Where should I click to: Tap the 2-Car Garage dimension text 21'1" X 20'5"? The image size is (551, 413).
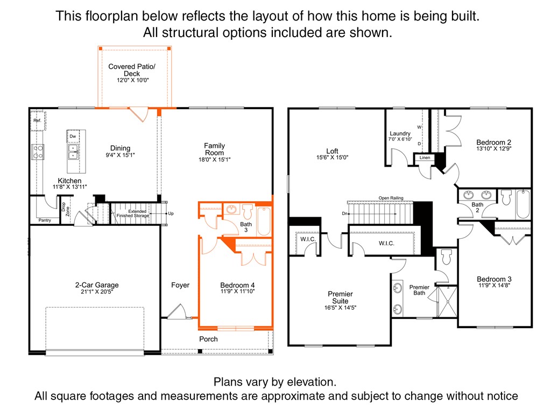[x=97, y=292]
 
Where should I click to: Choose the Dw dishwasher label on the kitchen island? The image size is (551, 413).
[x=73, y=137]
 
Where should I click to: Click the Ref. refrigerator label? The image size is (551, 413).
[x=37, y=121]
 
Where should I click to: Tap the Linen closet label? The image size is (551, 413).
[x=425, y=158]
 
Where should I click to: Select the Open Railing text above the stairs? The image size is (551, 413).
[x=391, y=198]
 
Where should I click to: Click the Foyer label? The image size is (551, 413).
[x=180, y=285]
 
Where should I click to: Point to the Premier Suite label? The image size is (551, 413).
[x=340, y=297]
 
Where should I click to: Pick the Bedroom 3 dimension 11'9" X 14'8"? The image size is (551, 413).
[x=494, y=286]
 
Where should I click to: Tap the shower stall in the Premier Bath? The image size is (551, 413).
[x=447, y=302]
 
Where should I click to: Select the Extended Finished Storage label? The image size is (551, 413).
[x=137, y=214]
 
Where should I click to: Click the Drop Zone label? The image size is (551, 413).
[x=65, y=209]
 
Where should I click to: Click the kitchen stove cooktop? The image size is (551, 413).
[x=39, y=152]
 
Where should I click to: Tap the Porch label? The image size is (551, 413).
[x=208, y=339]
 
